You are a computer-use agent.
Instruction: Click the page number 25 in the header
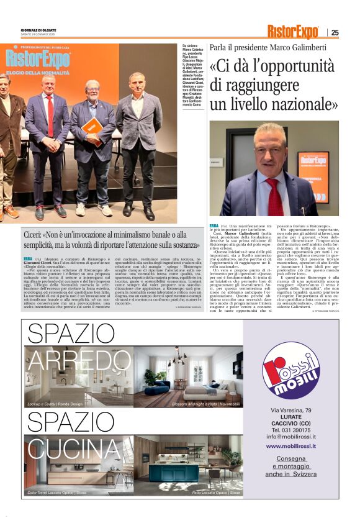click(335, 32)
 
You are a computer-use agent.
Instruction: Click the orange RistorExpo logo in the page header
click(293, 32)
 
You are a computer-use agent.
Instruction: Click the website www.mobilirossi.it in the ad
click(290, 445)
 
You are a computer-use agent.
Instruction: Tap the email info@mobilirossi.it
click(290, 436)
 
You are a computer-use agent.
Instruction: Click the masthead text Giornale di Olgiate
click(38, 29)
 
